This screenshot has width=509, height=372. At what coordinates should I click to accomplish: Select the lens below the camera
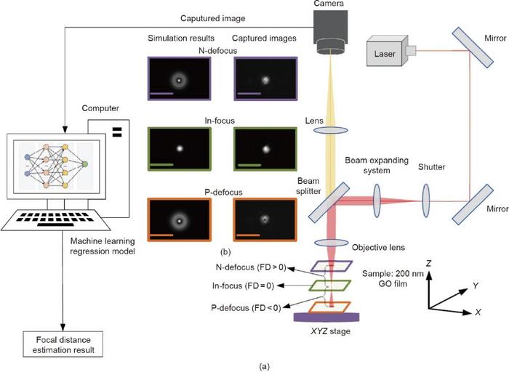pyautogui.click(x=330, y=130)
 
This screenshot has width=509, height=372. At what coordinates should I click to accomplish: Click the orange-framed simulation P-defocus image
pyautogui.click(x=179, y=219)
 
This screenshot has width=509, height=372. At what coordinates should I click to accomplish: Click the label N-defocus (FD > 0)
pyautogui.click(x=249, y=270)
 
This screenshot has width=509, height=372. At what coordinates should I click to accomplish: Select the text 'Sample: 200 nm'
pyautogui.click(x=393, y=272)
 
